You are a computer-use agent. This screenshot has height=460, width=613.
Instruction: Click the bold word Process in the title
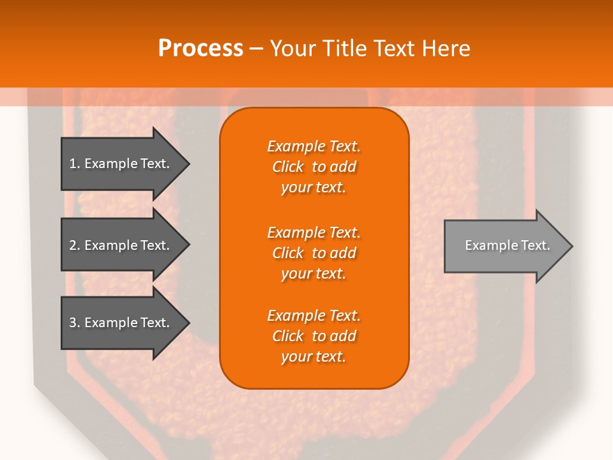click(201, 49)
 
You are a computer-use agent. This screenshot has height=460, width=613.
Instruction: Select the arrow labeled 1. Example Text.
click(121, 164)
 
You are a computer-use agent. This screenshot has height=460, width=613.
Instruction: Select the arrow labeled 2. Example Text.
click(121, 245)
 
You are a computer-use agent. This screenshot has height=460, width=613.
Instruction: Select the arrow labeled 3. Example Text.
click(121, 323)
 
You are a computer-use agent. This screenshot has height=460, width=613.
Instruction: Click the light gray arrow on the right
click(504, 246)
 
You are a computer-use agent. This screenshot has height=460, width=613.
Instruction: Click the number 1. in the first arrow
click(75, 164)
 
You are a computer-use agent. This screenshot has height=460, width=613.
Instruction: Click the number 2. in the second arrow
click(75, 245)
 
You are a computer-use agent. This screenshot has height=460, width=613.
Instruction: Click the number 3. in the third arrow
click(75, 323)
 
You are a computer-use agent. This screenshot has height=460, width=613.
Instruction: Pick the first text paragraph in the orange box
click(314, 167)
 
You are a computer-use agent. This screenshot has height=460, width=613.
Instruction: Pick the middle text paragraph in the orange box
click(314, 253)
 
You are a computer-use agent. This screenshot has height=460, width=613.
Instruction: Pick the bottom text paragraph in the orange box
click(314, 336)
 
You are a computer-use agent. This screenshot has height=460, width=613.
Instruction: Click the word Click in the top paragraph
click(287, 167)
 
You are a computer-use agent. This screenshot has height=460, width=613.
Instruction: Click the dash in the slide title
click(256, 49)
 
